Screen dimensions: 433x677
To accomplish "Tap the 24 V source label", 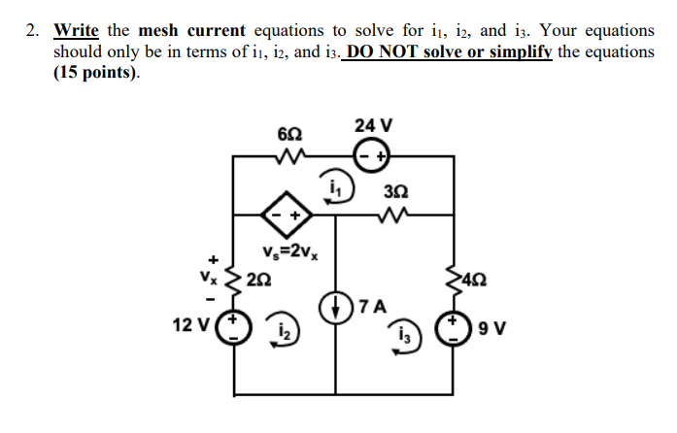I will tap(374, 125).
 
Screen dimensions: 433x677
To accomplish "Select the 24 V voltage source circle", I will tap(373, 154).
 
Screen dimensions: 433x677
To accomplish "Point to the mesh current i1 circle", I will tap(339, 185).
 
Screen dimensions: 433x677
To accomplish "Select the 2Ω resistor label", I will tap(259, 281).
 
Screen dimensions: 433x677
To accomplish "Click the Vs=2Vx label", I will tap(290, 254).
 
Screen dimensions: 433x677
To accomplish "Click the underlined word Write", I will tap(76, 31).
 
